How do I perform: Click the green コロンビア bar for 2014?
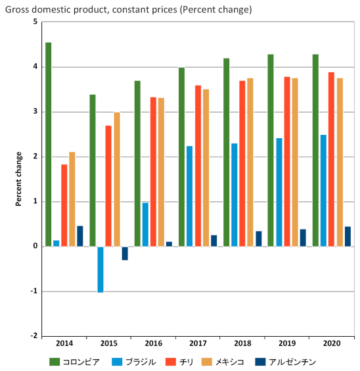tap(49, 145)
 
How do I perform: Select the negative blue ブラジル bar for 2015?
tap(101, 269)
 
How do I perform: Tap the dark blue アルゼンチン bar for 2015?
tap(125, 253)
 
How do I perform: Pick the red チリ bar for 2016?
tap(153, 172)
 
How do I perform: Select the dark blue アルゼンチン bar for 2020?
tap(348, 237)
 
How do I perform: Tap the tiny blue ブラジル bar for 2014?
tap(56, 243)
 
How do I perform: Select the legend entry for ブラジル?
tap(134, 361)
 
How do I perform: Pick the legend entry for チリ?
tap(186, 361)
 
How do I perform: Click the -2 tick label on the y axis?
tap(32, 336)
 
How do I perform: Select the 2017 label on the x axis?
tap(198, 344)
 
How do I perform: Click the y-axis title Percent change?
tap(19, 179)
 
